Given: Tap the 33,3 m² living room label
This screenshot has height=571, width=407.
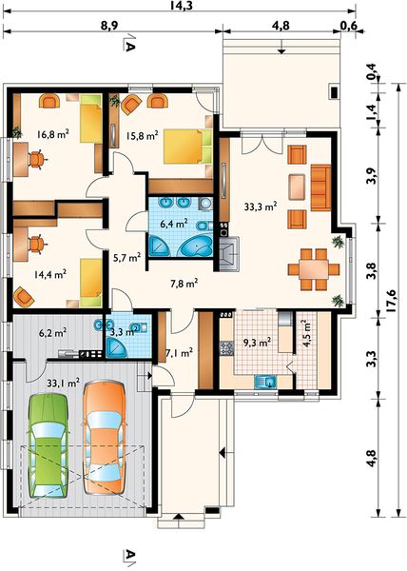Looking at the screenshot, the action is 261,207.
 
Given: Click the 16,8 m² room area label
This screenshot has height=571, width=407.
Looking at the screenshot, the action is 53,134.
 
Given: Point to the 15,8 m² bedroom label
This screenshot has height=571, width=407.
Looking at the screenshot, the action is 143,136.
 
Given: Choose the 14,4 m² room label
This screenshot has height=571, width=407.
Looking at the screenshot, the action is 50,274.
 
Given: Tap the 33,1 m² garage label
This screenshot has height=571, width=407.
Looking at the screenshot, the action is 64,383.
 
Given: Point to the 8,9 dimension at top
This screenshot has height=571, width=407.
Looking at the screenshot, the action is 110,26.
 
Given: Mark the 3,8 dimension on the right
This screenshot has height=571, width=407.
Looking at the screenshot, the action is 372,271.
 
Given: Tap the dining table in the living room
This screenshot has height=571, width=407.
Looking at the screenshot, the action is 314,269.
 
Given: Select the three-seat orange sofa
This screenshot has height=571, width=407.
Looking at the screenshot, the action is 320,187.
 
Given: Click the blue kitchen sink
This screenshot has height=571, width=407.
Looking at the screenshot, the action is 266,382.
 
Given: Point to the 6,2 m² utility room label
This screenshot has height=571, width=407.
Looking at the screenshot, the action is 53,332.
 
